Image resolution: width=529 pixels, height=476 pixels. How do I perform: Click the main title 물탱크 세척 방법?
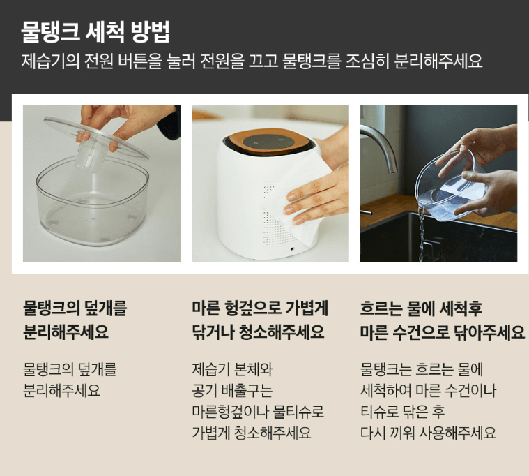(x=95, y=32)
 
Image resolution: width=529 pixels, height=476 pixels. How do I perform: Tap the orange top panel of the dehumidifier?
(x=269, y=142)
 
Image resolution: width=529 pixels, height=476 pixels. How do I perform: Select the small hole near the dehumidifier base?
(x=292, y=248)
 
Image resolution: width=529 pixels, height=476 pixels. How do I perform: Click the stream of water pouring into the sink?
(x=422, y=233)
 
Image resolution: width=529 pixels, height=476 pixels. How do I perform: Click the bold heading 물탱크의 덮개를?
(x=75, y=308)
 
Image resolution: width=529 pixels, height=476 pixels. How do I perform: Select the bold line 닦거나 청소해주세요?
(x=258, y=332)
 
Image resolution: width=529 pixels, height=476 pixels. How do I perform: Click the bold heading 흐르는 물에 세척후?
(x=421, y=308)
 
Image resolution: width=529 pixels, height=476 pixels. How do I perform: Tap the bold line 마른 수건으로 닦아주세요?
(x=443, y=332)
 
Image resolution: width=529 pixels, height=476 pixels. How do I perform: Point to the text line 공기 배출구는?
(x=232, y=391)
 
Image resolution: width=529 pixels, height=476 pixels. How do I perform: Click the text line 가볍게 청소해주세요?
(x=252, y=433)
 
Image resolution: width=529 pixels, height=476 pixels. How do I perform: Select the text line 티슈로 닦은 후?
(x=402, y=412)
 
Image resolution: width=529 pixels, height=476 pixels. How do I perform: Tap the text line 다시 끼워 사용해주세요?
(x=428, y=433)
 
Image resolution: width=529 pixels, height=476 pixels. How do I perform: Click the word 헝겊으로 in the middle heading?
(x=251, y=308)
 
